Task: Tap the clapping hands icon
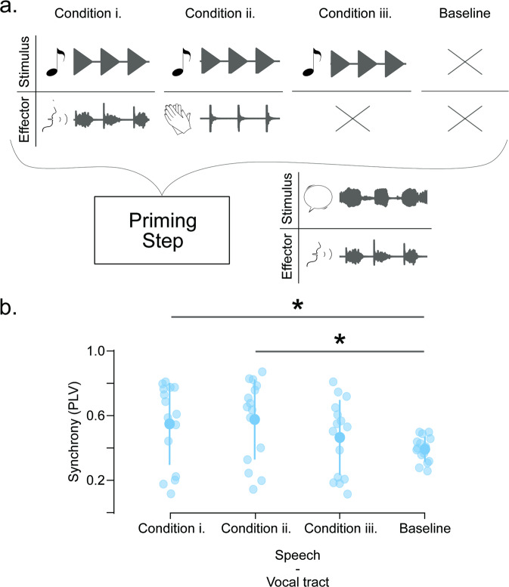(178, 117)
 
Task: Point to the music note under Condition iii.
(310, 61)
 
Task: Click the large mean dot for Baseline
(425, 450)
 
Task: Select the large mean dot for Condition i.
(169, 424)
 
